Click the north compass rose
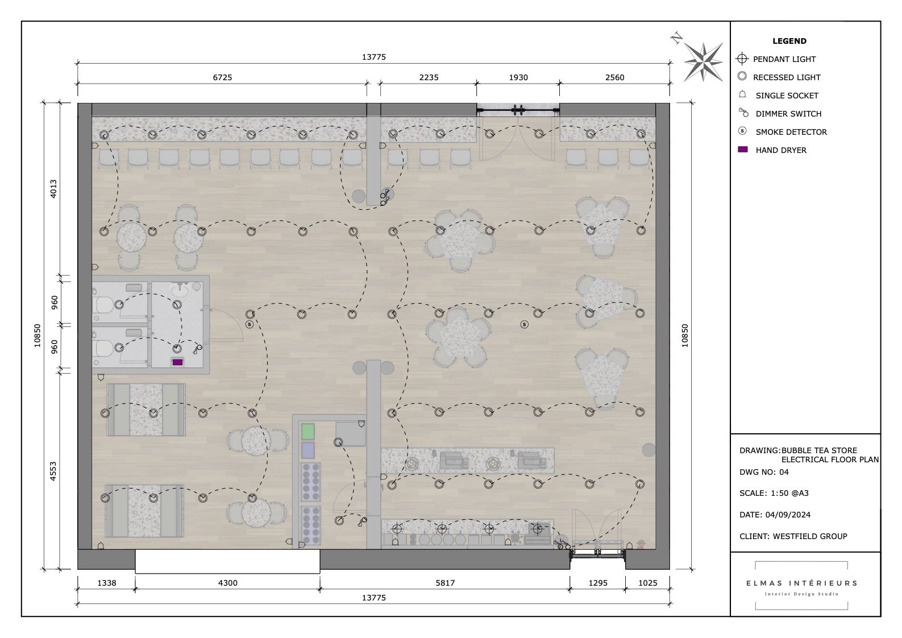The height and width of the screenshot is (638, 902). [703, 61]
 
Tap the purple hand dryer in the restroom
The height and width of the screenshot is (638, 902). [177, 362]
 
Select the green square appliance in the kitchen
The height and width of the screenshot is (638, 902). [307, 431]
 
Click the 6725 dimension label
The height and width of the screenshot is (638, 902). [222, 77]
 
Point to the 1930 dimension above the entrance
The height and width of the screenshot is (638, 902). [518, 77]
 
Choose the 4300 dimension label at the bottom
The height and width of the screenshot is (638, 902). [227, 583]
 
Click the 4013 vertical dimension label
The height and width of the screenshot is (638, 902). [53, 189]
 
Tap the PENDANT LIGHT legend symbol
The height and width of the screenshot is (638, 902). [742, 59]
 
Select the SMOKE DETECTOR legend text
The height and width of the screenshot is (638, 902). [791, 132]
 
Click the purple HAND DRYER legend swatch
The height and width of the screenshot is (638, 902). [742, 150]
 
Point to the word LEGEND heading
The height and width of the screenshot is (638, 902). [789, 41]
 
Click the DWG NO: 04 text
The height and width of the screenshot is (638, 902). [764, 472]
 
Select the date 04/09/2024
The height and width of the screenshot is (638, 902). [788, 515]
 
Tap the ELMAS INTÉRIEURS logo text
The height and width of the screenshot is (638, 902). [801, 583]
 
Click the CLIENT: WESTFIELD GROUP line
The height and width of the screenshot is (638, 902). [793, 536]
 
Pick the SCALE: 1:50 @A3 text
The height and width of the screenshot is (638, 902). [774, 493]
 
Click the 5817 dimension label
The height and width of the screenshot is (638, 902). [445, 583]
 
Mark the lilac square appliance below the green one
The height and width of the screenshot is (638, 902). [307, 450]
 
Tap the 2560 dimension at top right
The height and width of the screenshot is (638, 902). [614, 77]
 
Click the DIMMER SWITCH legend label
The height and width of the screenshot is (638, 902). [788, 114]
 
